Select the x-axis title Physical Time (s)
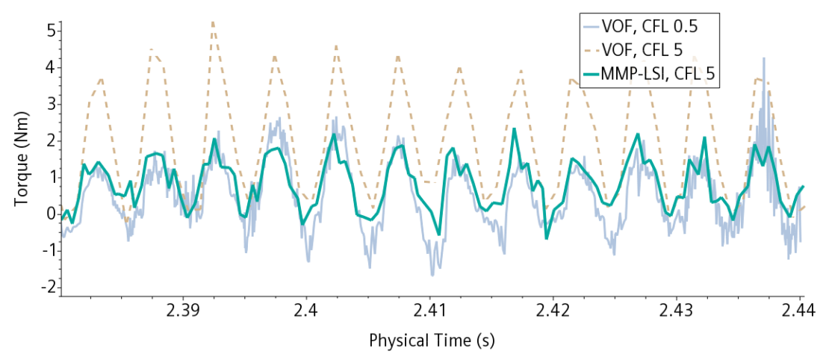tap(432, 341)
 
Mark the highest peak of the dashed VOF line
tap(213, 22)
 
